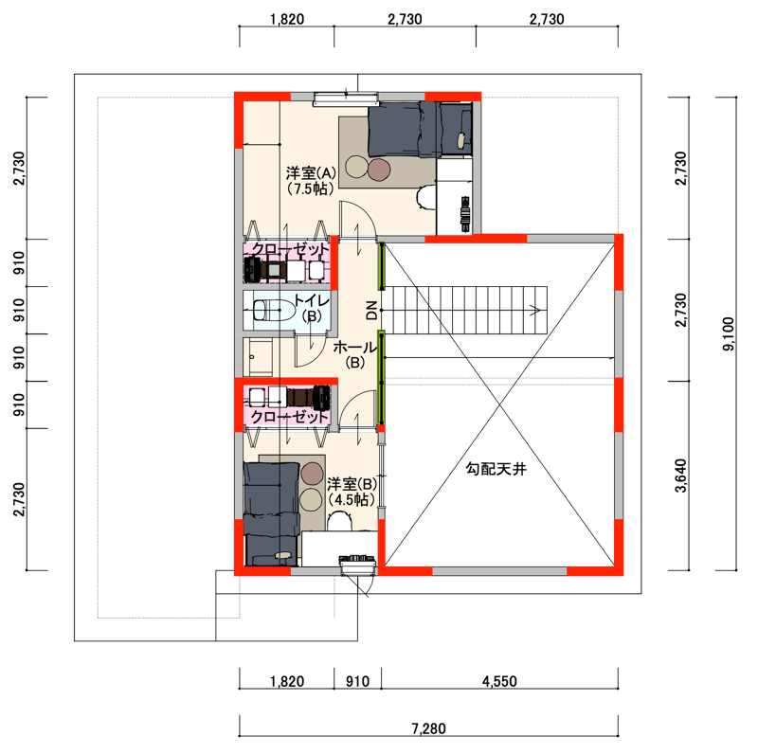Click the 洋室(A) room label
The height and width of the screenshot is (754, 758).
[311, 180]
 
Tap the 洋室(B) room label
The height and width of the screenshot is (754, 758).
[352, 492]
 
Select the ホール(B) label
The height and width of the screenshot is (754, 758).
[354, 354]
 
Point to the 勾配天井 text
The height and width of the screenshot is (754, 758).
[496, 468]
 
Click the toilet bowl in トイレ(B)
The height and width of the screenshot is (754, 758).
[274, 310]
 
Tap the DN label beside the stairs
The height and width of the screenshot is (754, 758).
[371, 310]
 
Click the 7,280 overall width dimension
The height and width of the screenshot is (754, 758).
[428, 728]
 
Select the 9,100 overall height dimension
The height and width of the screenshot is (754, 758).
[729, 333]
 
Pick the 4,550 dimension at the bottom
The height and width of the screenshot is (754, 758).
[499, 681]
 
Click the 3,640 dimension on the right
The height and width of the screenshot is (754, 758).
[680, 476]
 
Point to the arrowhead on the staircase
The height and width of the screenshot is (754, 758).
[535, 310]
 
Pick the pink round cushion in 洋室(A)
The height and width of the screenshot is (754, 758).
[379, 170]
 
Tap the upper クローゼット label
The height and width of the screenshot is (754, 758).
[290, 249]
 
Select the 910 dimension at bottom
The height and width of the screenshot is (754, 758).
[358, 681]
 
